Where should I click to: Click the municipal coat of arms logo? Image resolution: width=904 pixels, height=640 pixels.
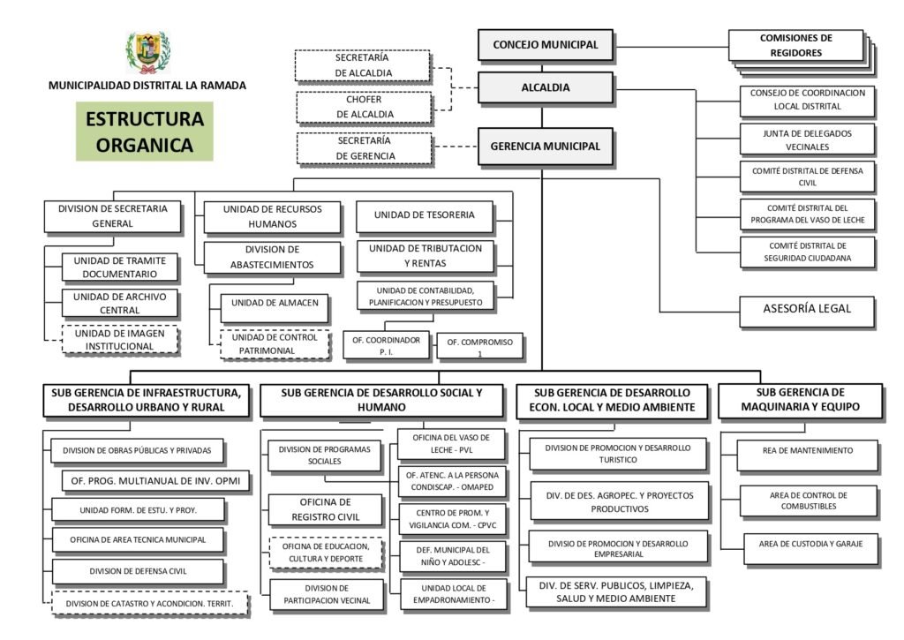[x=147, y=52]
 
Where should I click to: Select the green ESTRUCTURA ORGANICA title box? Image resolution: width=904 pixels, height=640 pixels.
[x=144, y=131]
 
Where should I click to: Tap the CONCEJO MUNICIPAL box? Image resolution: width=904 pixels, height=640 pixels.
[x=545, y=45]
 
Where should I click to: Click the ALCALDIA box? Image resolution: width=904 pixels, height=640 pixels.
[x=545, y=87]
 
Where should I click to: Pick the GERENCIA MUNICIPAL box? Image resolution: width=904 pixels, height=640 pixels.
[x=545, y=147]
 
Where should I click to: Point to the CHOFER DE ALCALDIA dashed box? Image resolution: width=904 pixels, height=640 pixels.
[x=364, y=107]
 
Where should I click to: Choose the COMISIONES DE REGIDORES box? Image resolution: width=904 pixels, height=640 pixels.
[x=795, y=46]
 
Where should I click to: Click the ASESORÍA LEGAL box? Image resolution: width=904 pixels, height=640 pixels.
[x=807, y=310]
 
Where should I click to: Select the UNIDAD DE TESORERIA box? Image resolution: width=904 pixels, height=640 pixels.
[x=424, y=215]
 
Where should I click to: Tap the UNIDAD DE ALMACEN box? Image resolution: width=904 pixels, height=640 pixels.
[x=268, y=303]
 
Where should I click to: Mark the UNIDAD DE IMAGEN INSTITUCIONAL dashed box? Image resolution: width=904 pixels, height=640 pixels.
[x=120, y=340]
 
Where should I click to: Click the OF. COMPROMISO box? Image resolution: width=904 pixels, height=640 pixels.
[x=479, y=346]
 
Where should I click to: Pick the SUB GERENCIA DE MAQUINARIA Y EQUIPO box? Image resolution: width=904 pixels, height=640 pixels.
[x=801, y=400]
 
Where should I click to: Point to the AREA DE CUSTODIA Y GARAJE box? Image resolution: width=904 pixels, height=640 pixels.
[x=808, y=544]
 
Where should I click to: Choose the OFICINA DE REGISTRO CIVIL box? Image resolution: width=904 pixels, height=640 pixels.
[x=326, y=509]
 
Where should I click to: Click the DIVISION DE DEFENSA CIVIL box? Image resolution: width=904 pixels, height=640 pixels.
[x=138, y=571]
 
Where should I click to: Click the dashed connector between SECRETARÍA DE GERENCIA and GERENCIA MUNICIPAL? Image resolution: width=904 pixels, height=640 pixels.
[x=455, y=147]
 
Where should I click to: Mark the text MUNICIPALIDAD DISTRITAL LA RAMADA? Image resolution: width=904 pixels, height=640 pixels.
[x=147, y=86]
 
